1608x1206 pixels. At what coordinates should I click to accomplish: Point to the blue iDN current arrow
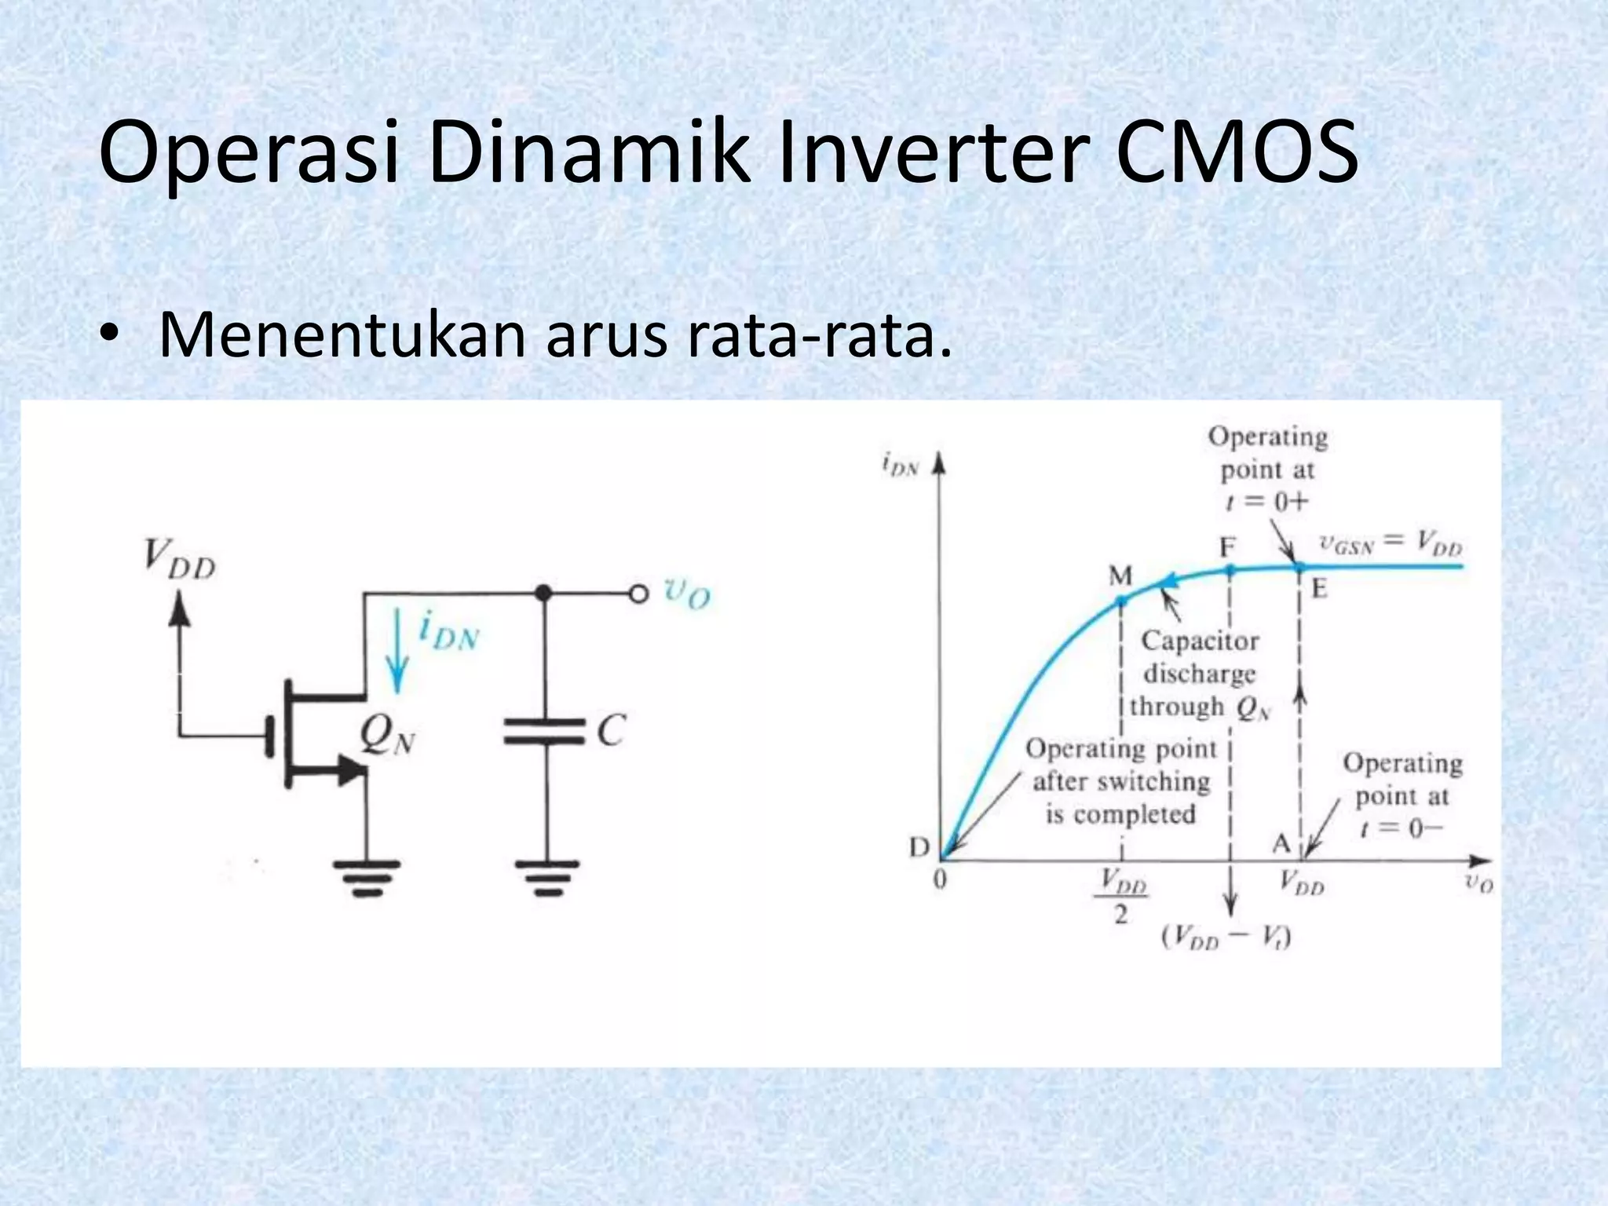pyautogui.click(x=399, y=651)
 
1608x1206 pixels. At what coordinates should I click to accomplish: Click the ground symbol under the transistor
pyautogui.click(x=366, y=877)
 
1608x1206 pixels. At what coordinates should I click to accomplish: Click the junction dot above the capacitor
pyautogui.click(x=543, y=593)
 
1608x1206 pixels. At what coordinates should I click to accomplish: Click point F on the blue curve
pyautogui.click(x=1230, y=570)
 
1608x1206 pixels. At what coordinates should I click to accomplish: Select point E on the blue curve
pyautogui.click(x=1299, y=566)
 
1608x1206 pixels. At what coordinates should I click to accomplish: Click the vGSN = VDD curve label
pyautogui.click(x=1391, y=545)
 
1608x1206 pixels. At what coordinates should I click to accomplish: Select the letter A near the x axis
pyautogui.click(x=1281, y=843)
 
